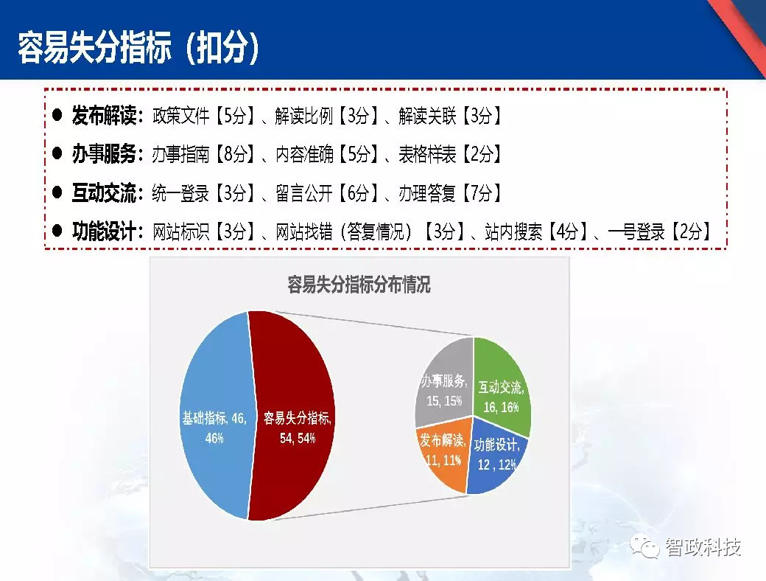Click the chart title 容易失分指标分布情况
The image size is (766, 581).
point(359,285)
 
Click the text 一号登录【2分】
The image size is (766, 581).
point(660,232)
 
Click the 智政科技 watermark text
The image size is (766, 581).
point(703,547)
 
